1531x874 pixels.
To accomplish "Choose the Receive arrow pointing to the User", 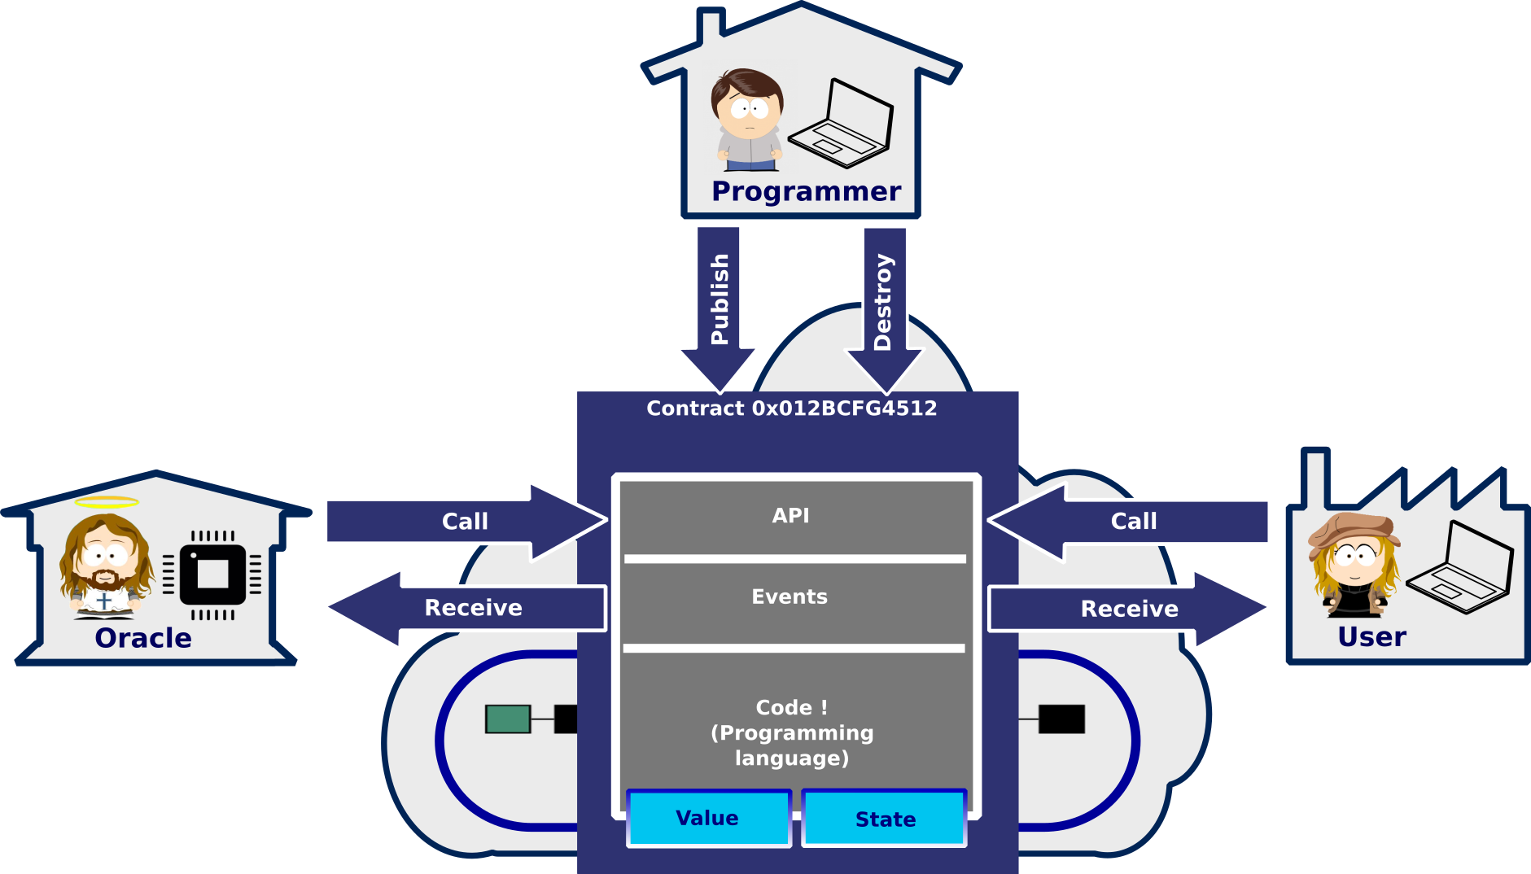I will click(x=1130, y=609).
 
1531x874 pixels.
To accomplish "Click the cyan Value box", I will click(x=708, y=818).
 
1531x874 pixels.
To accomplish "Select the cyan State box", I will click(x=885, y=819).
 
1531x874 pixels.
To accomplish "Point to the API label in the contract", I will click(x=791, y=515).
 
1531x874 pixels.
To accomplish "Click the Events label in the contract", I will click(x=790, y=597).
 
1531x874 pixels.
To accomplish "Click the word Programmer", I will click(x=806, y=191).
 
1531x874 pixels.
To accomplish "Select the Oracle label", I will click(x=143, y=638).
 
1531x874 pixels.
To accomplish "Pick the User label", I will click(x=1371, y=636).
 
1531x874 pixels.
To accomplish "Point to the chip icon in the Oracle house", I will click(x=212, y=575).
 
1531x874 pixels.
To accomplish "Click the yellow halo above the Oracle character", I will click(x=107, y=502).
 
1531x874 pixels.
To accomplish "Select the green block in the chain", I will click(x=508, y=719).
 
